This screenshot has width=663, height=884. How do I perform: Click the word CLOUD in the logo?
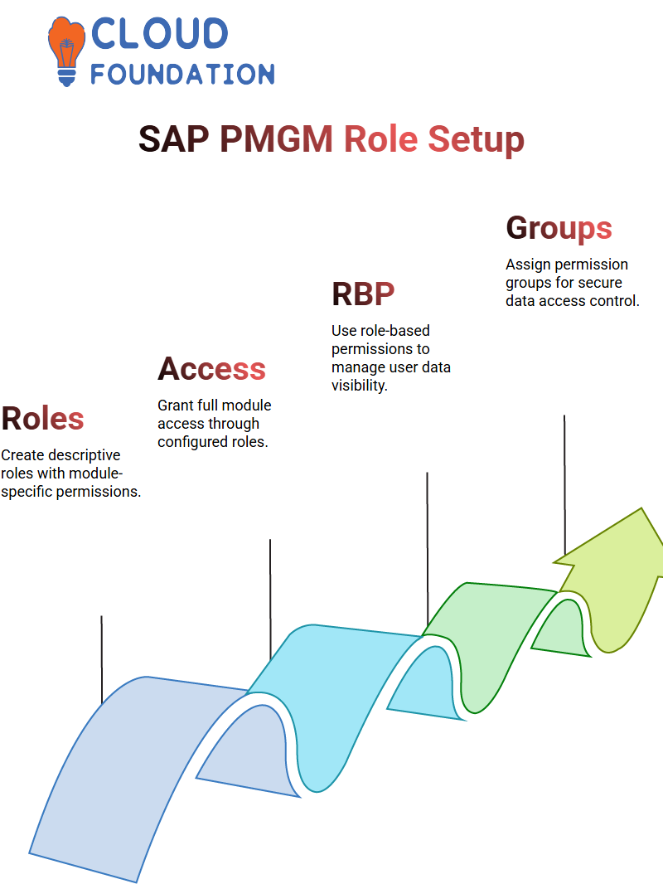point(159,33)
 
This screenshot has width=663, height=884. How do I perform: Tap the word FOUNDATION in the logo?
point(182,75)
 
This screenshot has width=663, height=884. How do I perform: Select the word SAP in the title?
point(173,138)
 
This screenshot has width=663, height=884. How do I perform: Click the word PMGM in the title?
point(276,138)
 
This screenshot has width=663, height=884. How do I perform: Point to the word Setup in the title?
point(476,140)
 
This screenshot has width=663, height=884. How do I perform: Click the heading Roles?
point(43,418)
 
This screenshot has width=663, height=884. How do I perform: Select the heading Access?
point(211,369)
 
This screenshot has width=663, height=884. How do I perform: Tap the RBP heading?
point(363,294)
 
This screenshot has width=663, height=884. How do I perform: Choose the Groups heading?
point(559,229)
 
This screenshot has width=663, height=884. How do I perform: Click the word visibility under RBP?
point(360,386)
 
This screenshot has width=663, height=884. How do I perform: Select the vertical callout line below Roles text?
point(101,659)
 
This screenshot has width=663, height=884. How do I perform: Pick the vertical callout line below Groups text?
point(564,485)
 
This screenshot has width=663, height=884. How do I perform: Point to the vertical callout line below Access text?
point(270,600)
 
